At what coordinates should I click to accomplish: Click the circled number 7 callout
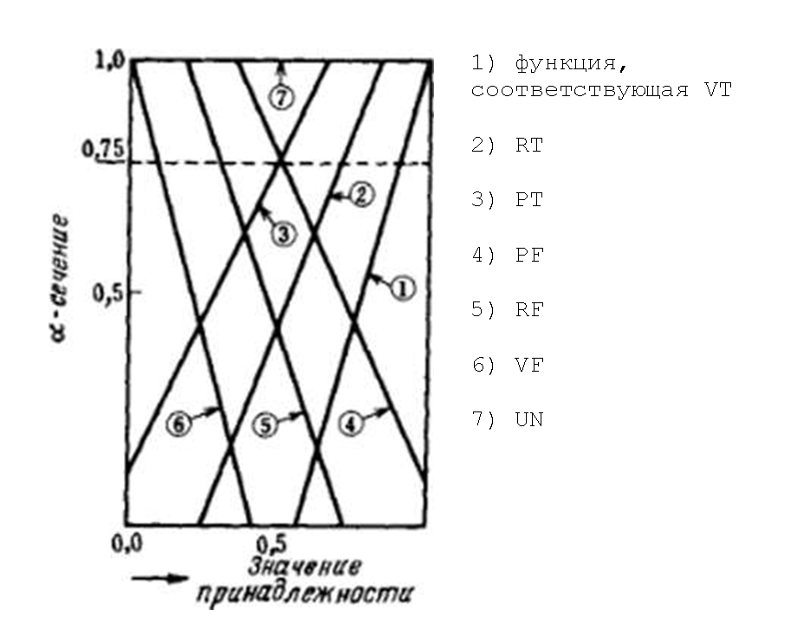280,98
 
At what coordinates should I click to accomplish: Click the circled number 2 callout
362,196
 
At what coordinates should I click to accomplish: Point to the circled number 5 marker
267,424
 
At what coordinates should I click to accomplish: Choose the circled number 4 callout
351,424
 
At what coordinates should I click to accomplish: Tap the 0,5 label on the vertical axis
107,292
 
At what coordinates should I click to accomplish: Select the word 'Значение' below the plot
304,567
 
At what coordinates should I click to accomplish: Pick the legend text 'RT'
528,146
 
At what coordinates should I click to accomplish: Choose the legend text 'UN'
528,420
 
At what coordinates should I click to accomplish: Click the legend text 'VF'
528,366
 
